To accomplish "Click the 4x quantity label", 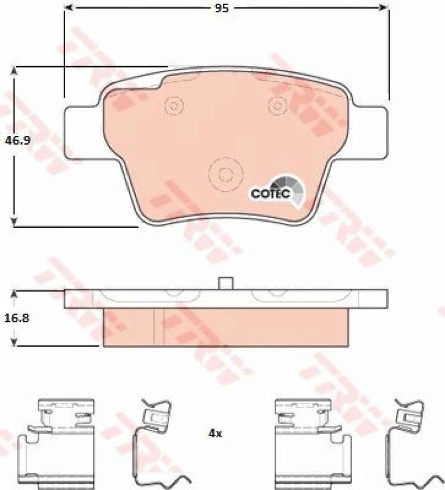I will [x=215, y=434].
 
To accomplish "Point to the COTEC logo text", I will [x=267, y=193].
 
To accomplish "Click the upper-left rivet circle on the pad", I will [x=174, y=106].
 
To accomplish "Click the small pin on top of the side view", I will [x=226, y=283].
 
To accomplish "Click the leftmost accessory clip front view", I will [x=57, y=442].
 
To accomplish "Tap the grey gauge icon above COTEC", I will [x=288, y=182].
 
